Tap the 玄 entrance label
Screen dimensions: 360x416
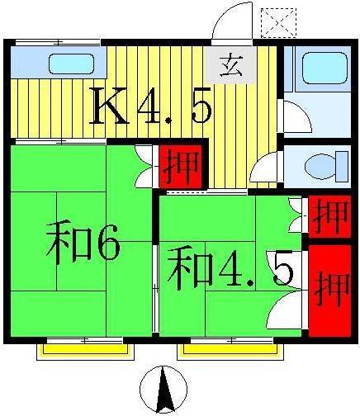[x=232, y=66]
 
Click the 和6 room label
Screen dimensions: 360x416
[x=83, y=244]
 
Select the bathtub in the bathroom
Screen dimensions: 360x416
[x=324, y=68]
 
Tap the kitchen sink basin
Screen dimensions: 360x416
[x=71, y=64]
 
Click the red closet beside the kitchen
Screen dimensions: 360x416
[x=181, y=167]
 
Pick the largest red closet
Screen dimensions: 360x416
[x=329, y=291]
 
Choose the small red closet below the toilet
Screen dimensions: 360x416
[x=329, y=216]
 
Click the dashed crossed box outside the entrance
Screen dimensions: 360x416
[x=278, y=23]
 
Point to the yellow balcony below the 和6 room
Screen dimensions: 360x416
[x=86, y=352]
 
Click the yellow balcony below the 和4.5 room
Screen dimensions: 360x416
[x=230, y=352]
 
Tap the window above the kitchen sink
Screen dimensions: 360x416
[x=58, y=42]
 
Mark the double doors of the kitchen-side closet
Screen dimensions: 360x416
[x=144, y=167]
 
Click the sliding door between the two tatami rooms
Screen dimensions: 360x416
[x=156, y=288]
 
